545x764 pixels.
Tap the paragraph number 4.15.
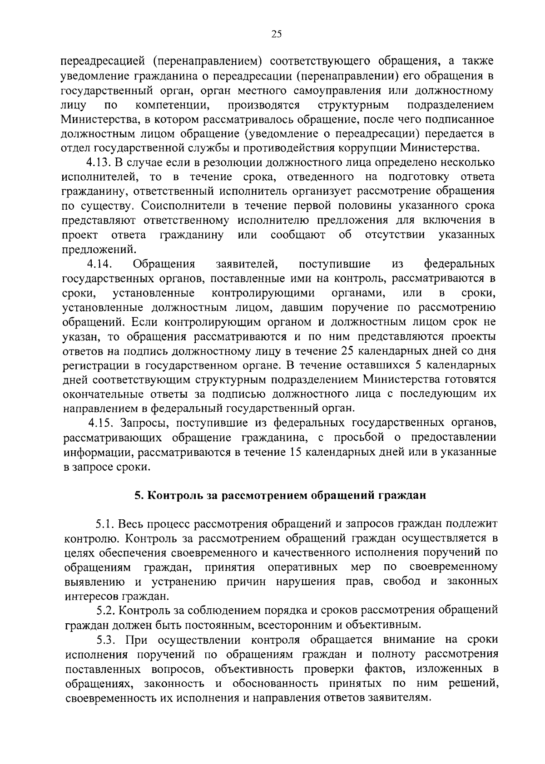(102, 424)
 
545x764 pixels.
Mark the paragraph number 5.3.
(105, 640)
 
